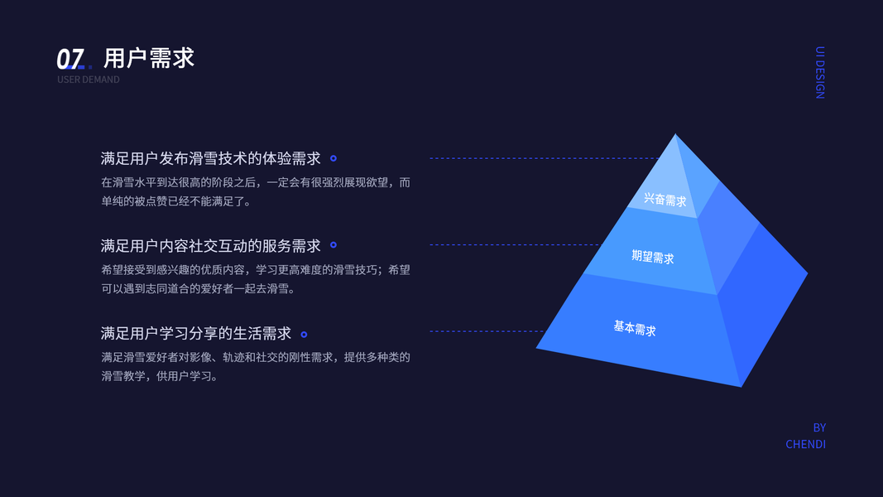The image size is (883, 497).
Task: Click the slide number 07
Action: (x=70, y=59)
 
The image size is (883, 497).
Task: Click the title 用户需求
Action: (x=149, y=58)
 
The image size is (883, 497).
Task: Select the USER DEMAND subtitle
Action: (x=89, y=80)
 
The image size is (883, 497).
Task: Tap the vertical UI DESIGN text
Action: (x=819, y=73)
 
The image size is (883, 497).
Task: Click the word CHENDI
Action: (x=805, y=444)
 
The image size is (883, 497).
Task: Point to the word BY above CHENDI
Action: (x=819, y=427)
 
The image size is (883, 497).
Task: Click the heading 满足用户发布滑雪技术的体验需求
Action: (x=210, y=158)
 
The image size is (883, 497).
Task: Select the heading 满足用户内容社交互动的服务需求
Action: (x=210, y=245)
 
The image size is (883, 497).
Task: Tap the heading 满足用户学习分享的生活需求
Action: (x=196, y=333)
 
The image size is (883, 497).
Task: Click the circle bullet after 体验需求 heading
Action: (x=334, y=158)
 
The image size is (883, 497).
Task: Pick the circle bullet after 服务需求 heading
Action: (x=334, y=245)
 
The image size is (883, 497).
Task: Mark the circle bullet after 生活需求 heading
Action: (x=304, y=335)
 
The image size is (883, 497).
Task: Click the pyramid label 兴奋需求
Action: (x=665, y=200)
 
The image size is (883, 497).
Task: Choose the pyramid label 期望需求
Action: (x=653, y=257)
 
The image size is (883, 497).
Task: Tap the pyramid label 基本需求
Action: (x=635, y=328)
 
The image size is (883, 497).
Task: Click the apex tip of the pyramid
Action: (x=675, y=136)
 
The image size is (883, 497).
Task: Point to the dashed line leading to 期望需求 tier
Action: (x=513, y=244)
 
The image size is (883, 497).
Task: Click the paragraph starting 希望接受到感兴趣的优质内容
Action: (x=255, y=279)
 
